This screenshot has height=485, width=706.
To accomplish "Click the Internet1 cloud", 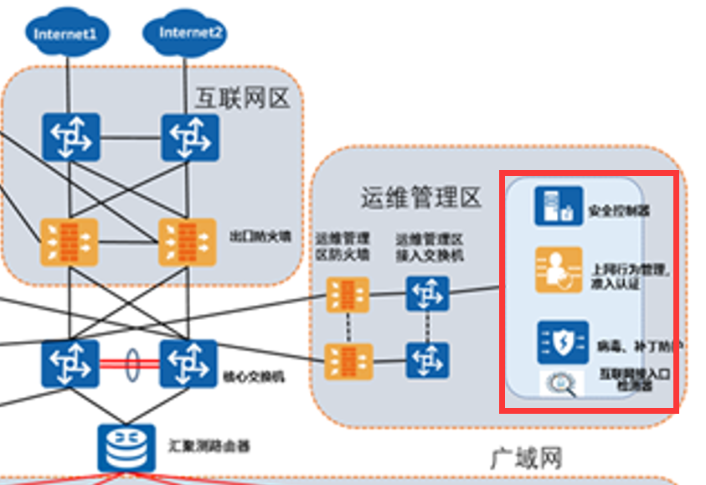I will pos(66,34).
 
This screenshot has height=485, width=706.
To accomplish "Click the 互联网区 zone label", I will pos(242,99).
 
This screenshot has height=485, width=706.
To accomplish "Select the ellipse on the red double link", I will pos(131,364).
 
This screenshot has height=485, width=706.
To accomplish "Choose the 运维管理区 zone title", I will pos(421,198).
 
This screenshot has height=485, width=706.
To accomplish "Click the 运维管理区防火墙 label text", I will pos(342,247).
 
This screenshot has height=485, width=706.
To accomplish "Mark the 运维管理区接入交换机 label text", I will pos(429,247).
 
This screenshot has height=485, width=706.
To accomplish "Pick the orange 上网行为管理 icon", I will pos(558,270).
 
